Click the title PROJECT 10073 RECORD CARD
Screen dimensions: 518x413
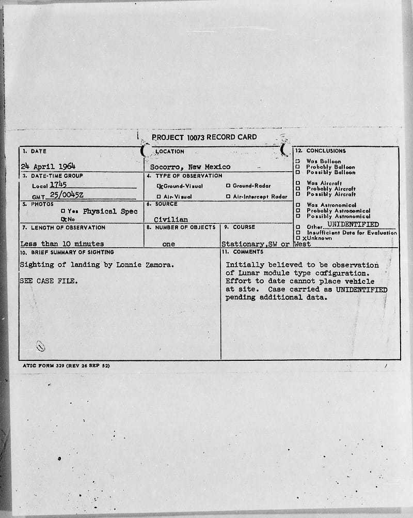(204, 138)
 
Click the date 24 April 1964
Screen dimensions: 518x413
(48, 166)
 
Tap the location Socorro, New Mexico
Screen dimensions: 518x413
(190, 167)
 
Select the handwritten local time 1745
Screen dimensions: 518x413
(58, 184)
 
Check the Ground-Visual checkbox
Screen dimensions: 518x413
(160, 186)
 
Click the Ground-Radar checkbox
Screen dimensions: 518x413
(228, 186)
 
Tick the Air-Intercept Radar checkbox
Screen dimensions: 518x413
(228, 196)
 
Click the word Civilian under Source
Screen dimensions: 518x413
(171, 220)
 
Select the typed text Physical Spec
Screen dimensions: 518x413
(110, 211)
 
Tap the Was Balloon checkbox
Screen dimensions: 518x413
(297, 161)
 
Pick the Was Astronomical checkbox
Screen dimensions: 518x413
(297, 205)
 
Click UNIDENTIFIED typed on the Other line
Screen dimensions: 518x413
(353, 225)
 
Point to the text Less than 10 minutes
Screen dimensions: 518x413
(62, 243)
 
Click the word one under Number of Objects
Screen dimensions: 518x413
(168, 244)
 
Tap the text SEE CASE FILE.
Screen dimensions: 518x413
(49, 281)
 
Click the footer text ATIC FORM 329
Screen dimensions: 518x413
(44, 365)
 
